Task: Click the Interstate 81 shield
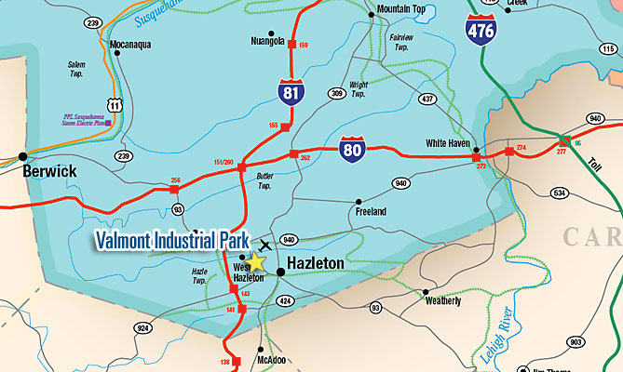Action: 291,90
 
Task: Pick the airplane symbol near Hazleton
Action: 266,246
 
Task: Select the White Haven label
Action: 449,143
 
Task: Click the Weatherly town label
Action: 442,300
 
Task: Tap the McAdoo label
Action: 257,362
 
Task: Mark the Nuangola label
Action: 270,41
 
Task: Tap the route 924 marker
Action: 143,328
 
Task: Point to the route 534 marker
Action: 559,193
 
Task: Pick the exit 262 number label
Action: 304,158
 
